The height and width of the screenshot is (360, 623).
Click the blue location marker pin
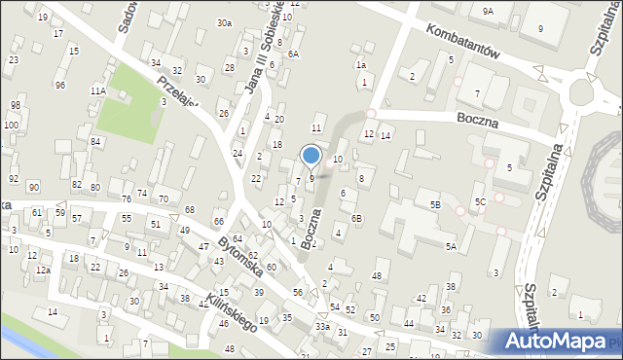[x=311, y=156]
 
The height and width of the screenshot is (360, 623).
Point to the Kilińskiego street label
[x=230, y=310]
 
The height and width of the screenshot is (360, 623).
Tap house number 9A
[x=488, y=11]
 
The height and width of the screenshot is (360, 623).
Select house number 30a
[x=225, y=22]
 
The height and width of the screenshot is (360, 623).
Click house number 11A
[x=98, y=90]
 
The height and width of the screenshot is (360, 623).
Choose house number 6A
[x=292, y=54]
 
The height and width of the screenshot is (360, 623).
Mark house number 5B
[x=435, y=204]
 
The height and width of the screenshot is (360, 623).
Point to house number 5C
[x=480, y=201]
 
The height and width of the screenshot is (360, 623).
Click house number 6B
[x=357, y=218]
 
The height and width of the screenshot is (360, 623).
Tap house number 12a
[x=43, y=270]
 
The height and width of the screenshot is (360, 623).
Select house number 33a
[x=322, y=327]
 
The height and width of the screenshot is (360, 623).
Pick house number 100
[x=11, y=126]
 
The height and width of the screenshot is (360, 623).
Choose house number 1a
[x=361, y=65]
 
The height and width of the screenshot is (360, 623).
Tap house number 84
[x=95, y=142]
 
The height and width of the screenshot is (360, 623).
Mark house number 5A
[x=452, y=247]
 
